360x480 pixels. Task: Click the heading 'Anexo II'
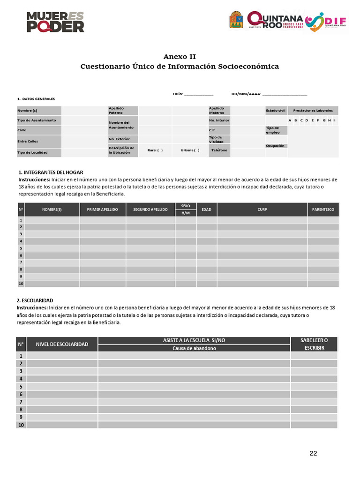[180, 56]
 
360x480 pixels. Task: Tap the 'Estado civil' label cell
[276, 111]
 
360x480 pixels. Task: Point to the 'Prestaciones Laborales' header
[313, 111]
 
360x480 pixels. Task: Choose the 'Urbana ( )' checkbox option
[189, 150]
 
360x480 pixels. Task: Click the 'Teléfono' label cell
[219, 150]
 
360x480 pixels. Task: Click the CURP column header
[262, 210]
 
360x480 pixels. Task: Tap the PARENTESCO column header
[323, 210]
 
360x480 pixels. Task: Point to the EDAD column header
[206, 210]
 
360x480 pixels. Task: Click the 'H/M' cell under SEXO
[185, 213]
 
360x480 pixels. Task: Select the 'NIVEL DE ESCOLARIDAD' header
[62, 344]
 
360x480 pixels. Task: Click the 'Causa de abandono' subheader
[194, 348]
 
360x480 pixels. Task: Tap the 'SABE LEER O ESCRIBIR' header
[314, 344]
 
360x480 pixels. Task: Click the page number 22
[313, 453]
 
